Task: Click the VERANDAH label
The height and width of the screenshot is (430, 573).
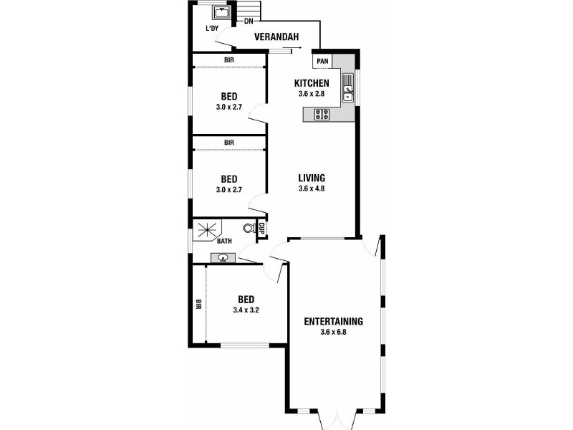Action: (x=276, y=37)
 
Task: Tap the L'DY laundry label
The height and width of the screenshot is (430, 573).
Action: (x=211, y=29)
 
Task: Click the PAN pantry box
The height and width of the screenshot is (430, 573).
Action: (x=322, y=61)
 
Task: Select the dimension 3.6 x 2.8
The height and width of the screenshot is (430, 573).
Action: (x=312, y=94)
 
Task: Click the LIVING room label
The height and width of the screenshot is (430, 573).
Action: (x=312, y=178)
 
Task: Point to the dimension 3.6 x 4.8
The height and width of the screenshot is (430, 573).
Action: (x=312, y=189)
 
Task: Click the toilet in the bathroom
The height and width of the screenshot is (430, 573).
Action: (x=249, y=229)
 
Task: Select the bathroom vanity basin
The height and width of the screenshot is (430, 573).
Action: (x=223, y=259)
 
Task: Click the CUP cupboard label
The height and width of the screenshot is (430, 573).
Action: (x=261, y=229)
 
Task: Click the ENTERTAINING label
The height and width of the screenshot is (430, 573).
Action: (x=333, y=321)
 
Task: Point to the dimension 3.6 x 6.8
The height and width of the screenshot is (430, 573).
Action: (x=333, y=332)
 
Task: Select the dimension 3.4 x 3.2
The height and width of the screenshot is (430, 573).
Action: (x=245, y=310)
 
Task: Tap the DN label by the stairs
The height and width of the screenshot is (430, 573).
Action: (x=249, y=21)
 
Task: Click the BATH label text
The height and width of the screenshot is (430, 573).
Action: (x=223, y=242)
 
